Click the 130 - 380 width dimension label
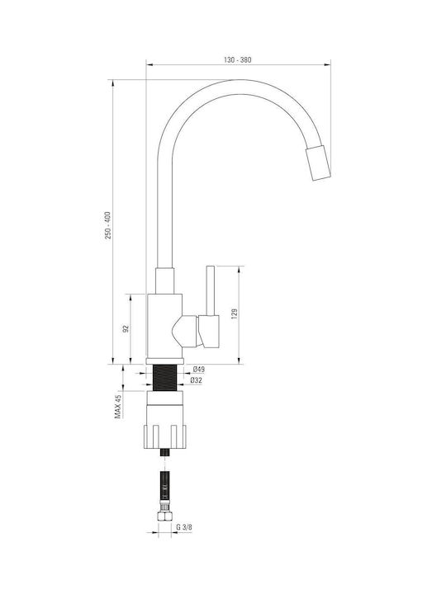tap(237, 60)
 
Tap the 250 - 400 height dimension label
tap(108, 225)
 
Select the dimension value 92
tap(126, 328)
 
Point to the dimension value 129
tap(234, 314)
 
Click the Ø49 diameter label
tap(198, 369)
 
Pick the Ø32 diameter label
tap(196, 380)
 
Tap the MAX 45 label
tap(118, 407)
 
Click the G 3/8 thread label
tap(184, 527)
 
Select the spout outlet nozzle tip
tap(318, 163)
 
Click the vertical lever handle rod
tap(210, 290)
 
